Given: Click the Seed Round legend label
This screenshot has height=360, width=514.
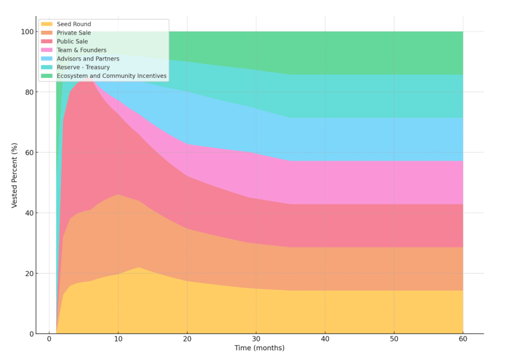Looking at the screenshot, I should (x=74, y=24).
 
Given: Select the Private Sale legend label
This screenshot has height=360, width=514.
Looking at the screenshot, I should (x=74, y=33).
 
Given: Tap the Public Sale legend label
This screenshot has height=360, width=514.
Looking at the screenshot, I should (x=72, y=41).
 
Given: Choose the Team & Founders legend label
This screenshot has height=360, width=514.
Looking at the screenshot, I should (x=82, y=50).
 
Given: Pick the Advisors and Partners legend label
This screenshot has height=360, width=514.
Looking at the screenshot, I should (x=88, y=59).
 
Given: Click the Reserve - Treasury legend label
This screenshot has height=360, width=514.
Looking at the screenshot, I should (x=83, y=67).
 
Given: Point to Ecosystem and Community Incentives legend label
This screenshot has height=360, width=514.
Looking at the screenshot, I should (x=112, y=76).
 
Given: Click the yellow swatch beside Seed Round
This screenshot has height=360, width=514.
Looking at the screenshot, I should (x=47, y=24).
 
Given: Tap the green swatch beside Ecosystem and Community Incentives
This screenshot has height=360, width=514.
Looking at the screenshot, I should (x=47, y=76).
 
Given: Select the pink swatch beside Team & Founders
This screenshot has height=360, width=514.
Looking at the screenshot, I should (x=47, y=50).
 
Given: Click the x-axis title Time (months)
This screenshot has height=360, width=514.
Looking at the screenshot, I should (x=259, y=348).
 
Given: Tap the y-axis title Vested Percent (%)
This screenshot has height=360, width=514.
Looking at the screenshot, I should (x=14, y=175).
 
